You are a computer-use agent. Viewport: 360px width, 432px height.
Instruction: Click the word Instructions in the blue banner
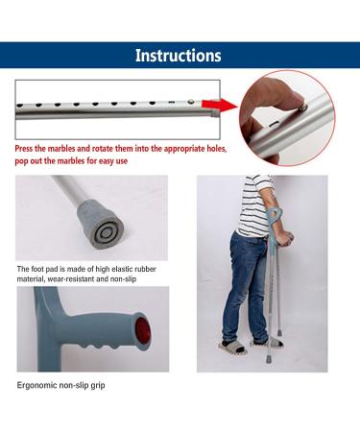pos(178,56)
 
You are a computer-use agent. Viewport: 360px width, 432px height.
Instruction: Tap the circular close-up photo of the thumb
pos(285,117)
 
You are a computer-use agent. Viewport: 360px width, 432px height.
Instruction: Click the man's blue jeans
pos(246,283)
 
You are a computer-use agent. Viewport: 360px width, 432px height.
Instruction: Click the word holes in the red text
pos(198,150)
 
